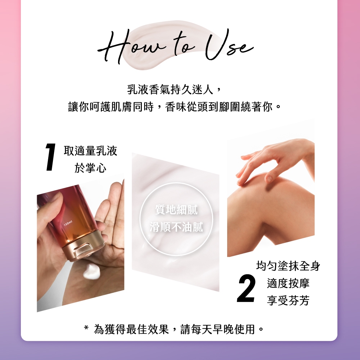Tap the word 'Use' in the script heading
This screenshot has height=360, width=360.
click(x=230, y=45)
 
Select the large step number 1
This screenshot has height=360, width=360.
click(x=51, y=157)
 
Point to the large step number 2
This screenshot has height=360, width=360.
click(x=246, y=288)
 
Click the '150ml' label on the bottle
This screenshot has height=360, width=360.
click(x=68, y=223)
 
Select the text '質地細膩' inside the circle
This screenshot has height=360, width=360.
click(x=176, y=210)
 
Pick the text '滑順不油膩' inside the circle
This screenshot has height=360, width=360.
click(x=176, y=227)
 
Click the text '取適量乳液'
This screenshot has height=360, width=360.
click(x=90, y=151)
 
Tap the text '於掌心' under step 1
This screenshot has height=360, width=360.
click(x=90, y=168)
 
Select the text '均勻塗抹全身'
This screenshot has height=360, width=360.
click(x=288, y=266)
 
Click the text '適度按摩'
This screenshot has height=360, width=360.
click(x=288, y=283)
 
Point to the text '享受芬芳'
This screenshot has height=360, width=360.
click(x=288, y=300)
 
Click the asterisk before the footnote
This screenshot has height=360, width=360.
click(x=86, y=328)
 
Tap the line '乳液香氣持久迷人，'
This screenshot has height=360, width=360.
click(x=174, y=89)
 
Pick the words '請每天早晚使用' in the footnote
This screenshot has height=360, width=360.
click(x=218, y=329)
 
